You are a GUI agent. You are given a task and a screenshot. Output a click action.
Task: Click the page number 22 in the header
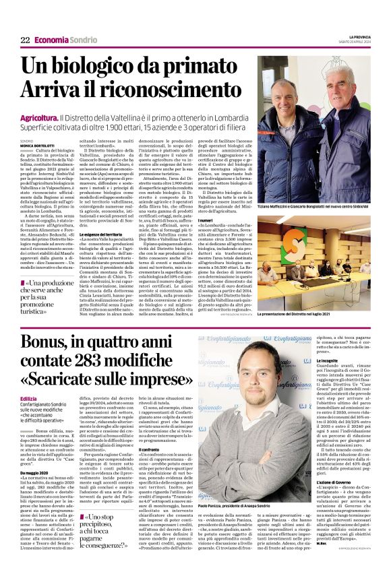(25, 40)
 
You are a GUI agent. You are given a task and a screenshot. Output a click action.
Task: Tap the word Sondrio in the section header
(82, 40)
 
